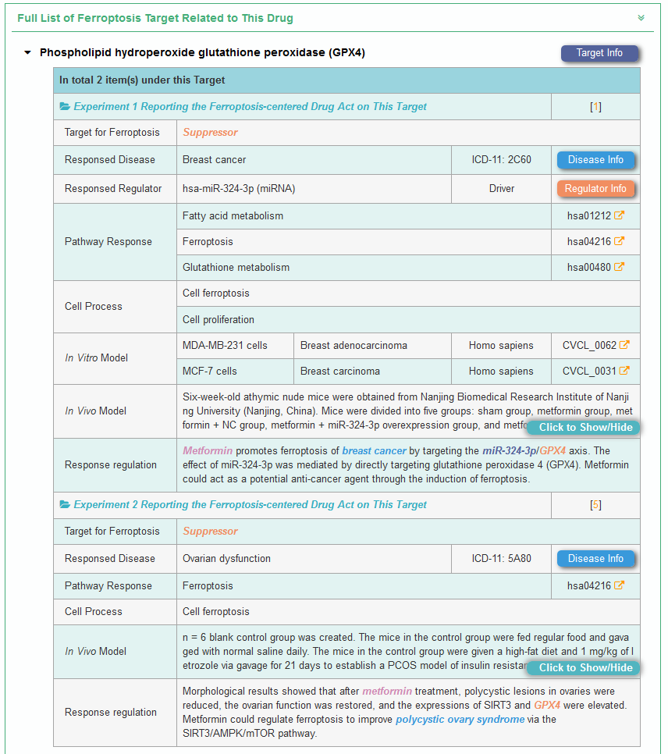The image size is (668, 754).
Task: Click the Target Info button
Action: coord(599,53)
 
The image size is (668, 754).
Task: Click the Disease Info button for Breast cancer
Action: coord(595,160)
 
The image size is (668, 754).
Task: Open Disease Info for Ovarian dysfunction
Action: coord(595,559)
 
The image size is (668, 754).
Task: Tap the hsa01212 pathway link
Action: coord(595,216)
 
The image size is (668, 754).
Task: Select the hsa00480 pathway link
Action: coord(595,268)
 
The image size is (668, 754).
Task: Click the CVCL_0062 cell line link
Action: coord(595,346)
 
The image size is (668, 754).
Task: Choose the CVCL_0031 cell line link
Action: coord(595,372)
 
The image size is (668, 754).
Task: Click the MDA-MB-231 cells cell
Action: coord(225,346)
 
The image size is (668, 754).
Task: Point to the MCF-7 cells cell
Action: coord(210,372)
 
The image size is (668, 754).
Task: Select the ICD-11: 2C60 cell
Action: coord(501,160)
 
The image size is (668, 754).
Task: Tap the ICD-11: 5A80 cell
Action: coord(501,559)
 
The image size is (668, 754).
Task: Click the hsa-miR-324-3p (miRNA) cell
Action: coord(239,189)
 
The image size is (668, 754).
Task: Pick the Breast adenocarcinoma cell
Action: coord(354,346)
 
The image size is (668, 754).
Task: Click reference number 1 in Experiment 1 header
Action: coord(595,107)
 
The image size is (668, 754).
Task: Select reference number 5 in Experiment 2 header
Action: coord(595,505)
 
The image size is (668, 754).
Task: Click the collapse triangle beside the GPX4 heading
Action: coord(28,53)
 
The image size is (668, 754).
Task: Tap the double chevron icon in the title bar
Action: coord(641,18)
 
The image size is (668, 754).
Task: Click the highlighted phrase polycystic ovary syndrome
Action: coord(460,720)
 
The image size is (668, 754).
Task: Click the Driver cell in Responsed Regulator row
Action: coord(501,189)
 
